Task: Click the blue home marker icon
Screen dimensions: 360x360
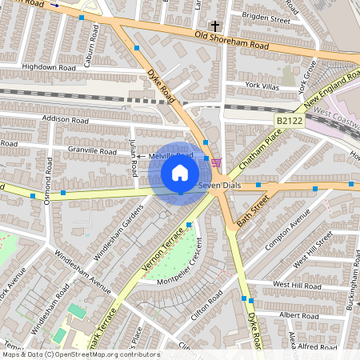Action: (x=180, y=172)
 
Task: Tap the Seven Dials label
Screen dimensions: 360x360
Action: (x=220, y=186)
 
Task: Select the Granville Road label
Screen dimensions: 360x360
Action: (x=93, y=150)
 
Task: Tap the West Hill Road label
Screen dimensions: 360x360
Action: (x=297, y=284)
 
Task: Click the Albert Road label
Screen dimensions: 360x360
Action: (x=298, y=315)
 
